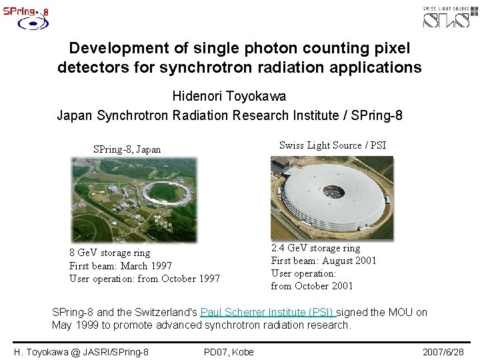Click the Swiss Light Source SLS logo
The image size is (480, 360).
click(x=450, y=16)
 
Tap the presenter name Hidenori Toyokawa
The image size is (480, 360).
click(x=229, y=97)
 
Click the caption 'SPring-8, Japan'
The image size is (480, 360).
click(x=127, y=149)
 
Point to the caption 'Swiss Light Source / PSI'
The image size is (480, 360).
click(x=332, y=145)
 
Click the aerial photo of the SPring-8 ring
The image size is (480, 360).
click(x=133, y=199)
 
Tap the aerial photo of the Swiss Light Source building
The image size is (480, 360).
click(x=331, y=197)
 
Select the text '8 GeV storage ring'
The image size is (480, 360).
click(x=110, y=253)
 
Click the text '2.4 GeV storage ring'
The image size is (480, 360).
click(x=315, y=248)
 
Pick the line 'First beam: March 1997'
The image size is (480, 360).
click(x=121, y=266)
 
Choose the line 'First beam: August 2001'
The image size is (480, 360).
click(x=323, y=261)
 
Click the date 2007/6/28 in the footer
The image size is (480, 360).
click(x=443, y=351)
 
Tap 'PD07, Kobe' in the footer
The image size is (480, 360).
click(x=229, y=351)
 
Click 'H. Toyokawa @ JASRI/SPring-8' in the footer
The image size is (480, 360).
click(x=81, y=351)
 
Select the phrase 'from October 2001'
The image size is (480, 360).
click(x=311, y=286)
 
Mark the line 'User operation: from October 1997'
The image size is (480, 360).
click(x=145, y=279)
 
